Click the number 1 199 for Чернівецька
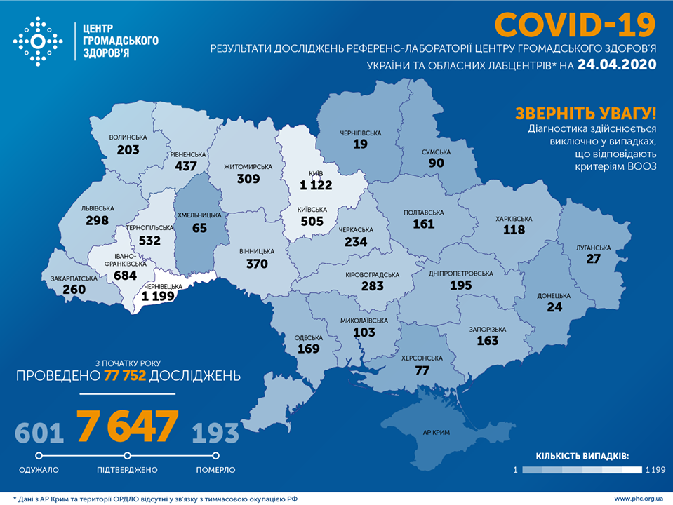click(162, 297)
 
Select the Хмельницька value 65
click(199, 228)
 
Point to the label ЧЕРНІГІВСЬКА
click(360, 133)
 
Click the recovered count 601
click(39, 433)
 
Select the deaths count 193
click(215, 433)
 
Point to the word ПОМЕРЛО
click(215, 470)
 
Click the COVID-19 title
click(575, 26)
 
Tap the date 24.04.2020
click(617, 65)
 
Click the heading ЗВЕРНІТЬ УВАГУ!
click(586, 114)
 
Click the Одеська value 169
click(308, 348)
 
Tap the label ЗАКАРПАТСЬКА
click(73, 278)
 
